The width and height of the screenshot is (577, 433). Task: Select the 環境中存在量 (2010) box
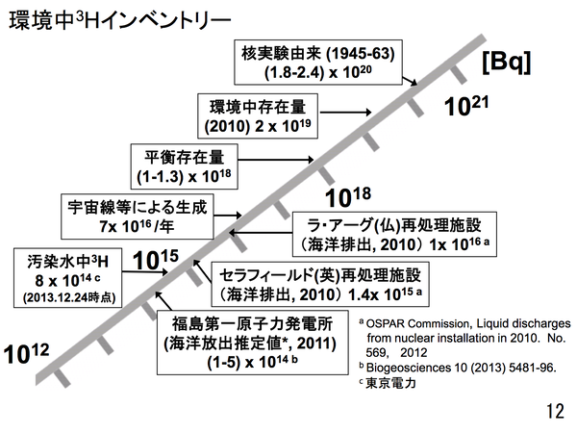tap(259, 115)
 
